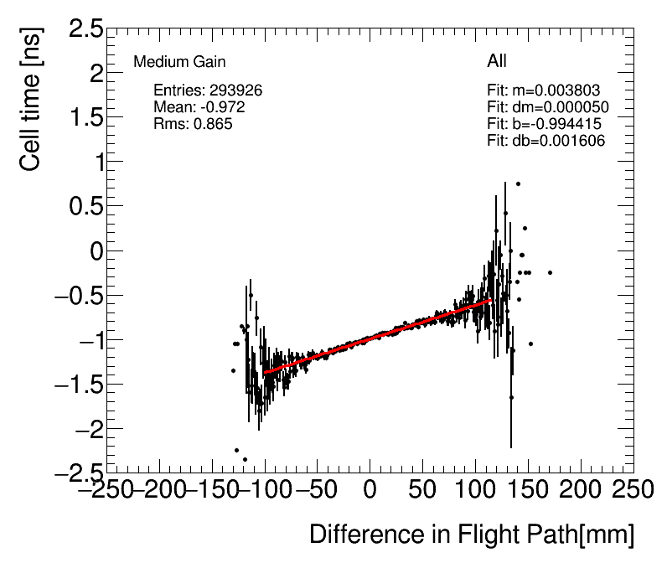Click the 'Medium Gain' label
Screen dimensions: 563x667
pyautogui.click(x=179, y=62)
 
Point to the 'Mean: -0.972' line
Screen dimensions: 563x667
pyautogui.click(x=199, y=107)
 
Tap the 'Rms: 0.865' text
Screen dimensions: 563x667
pyautogui.click(x=193, y=123)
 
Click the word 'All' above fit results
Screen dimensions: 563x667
pyautogui.click(x=497, y=61)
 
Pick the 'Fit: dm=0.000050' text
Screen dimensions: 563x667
pyautogui.click(x=548, y=107)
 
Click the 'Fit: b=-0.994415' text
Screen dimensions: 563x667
pyautogui.click(x=545, y=124)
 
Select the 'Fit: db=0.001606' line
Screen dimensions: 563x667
pyautogui.click(x=546, y=141)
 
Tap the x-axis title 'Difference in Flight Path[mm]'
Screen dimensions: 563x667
pyautogui.click(x=472, y=535)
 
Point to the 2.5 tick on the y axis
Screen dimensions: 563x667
pyautogui.click(x=85, y=30)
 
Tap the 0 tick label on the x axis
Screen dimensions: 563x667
pyautogui.click(x=370, y=489)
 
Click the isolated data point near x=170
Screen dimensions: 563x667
pyautogui.click(x=550, y=272)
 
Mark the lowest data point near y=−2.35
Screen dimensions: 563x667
pyautogui.click(x=245, y=459)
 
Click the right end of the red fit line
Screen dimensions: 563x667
pyautogui.click(x=491, y=300)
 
